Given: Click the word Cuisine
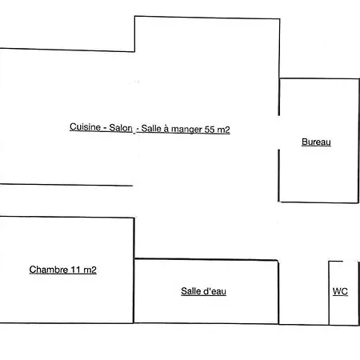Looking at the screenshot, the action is coord(85,127).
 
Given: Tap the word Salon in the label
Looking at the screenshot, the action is coord(121,128).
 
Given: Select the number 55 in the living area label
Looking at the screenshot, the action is coord(210,130).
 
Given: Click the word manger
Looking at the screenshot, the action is coord(186,130).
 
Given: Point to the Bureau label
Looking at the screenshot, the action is coord(316,142).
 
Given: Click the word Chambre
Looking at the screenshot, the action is coord(49,270).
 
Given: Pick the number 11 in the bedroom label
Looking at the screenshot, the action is coord(76,270).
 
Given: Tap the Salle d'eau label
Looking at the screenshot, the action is coord(203,291).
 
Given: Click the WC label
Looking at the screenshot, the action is coord(340,291).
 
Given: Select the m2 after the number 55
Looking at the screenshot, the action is coord(224,130).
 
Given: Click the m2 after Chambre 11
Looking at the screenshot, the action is coord(90,270).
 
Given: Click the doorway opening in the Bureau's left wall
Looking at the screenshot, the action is coord(279,133).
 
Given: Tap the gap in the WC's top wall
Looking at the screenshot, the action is coord(350,262).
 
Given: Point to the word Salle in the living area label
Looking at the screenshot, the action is coord(151,129).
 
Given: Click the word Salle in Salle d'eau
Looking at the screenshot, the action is coord(190,291).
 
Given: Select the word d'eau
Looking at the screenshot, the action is coord(215,291).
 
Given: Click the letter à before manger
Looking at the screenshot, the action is coord(166,129).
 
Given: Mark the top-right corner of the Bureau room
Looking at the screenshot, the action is coord(359,79).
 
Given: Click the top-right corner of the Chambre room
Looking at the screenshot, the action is coord(134,218).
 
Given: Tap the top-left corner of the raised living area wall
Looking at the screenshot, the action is coord(135,16).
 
